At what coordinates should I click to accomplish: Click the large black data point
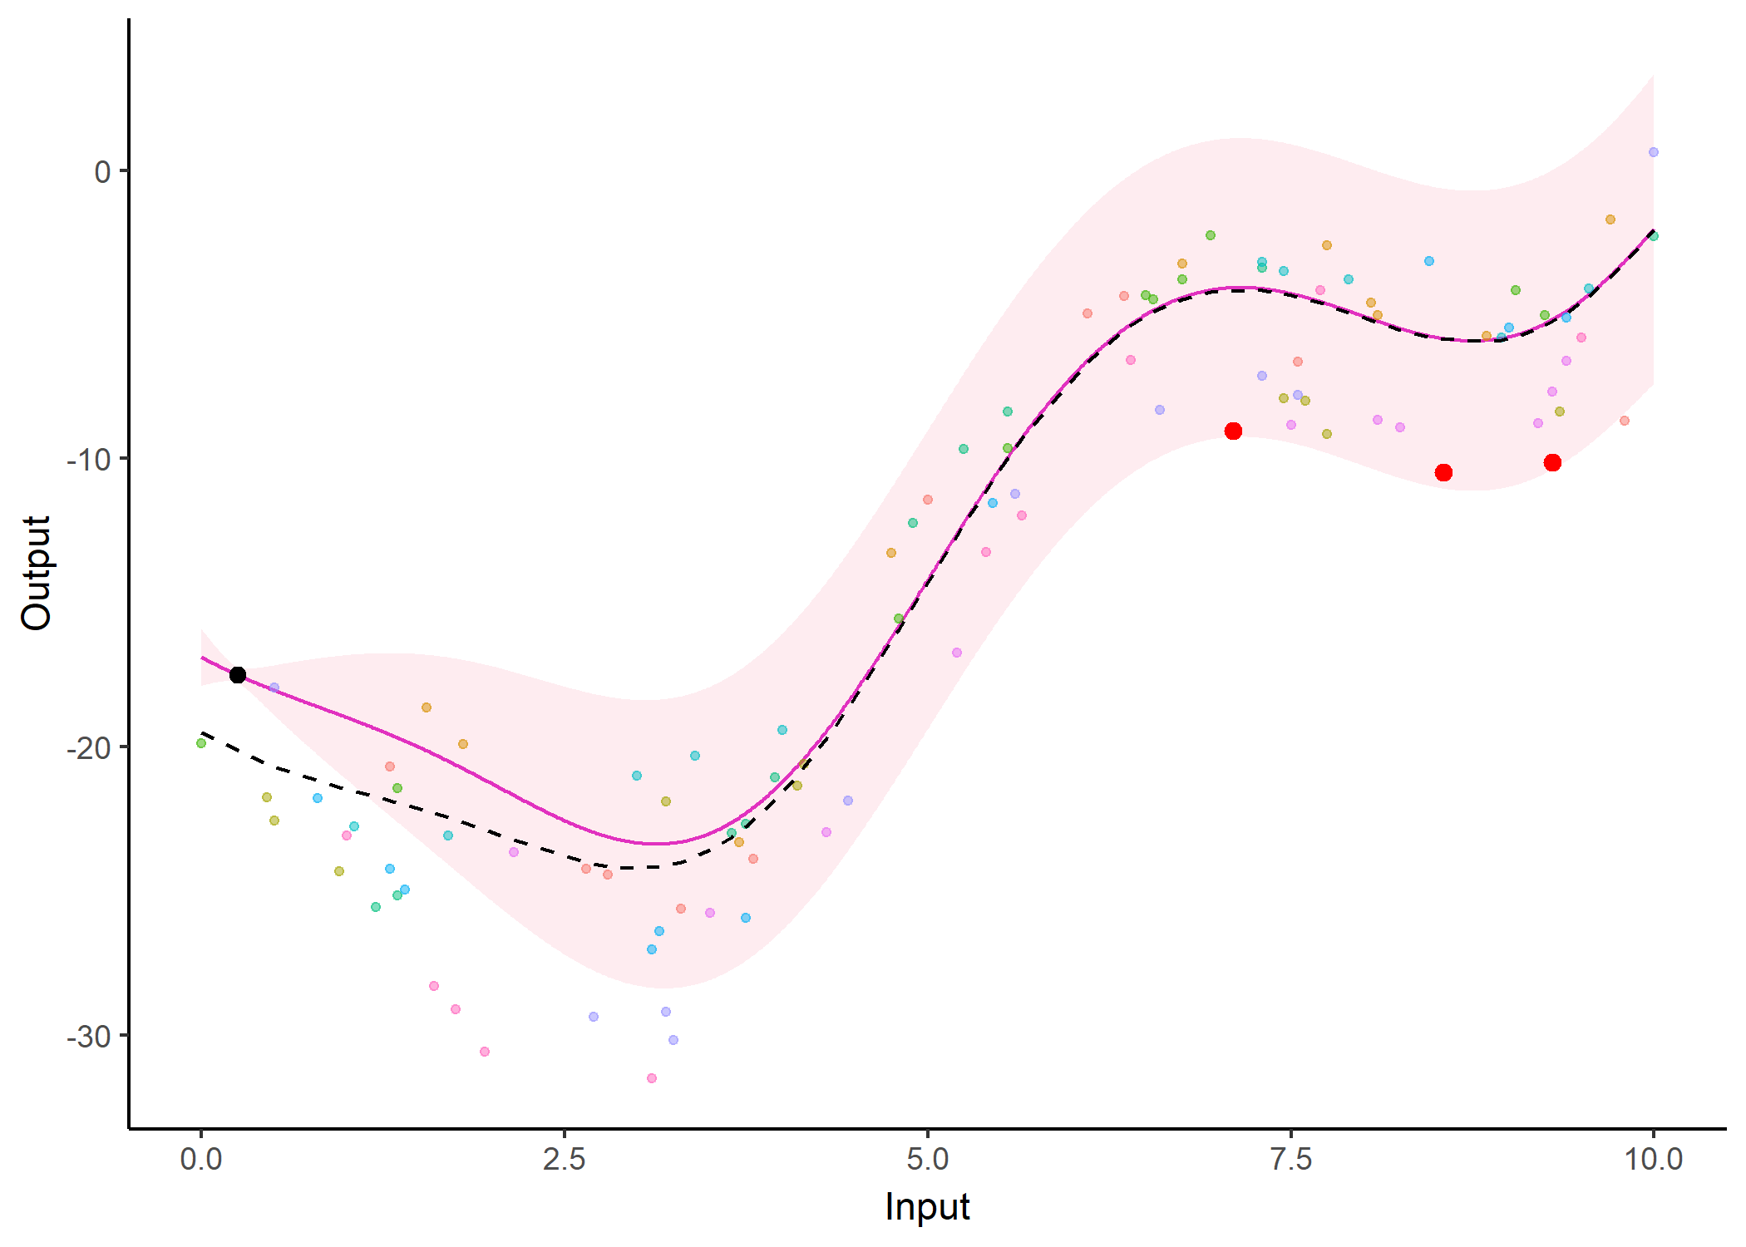click(238, 675)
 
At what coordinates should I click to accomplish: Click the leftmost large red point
click(1233, 431)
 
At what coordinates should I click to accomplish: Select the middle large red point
click(1443, 472)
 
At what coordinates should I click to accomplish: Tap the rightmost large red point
click(1552, 462)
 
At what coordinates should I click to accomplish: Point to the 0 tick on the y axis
click(102, 171)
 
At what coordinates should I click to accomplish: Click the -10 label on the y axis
click(89, 459)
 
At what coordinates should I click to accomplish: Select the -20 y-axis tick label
click(89, 747)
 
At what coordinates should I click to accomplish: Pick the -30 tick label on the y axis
click(89, 1036)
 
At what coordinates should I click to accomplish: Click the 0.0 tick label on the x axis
click(201, 1159)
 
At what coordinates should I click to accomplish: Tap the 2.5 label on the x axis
click(565, 1159)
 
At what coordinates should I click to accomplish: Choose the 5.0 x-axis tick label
click(928, 1159)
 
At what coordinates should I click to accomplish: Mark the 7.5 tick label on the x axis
click(1291, 1159)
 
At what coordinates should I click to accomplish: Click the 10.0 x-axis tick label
click(1654, 1159)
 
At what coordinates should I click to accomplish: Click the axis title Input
click(927, 1206)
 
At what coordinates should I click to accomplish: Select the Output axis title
click(37, 573)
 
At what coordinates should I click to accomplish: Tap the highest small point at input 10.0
click(1654, 152)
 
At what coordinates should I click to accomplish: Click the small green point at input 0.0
click(201, 743)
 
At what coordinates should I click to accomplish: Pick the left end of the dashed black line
click(202, 733)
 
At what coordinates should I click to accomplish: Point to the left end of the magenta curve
click(202, 658)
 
